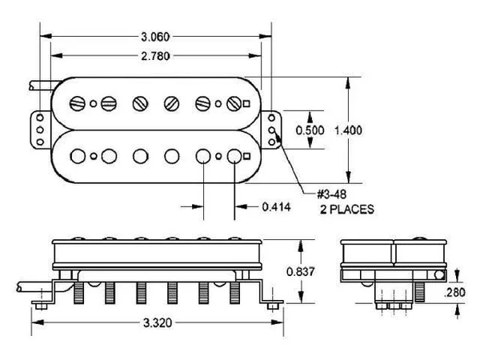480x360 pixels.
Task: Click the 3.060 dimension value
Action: click(155, 37)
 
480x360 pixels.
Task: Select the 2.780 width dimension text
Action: click(155, 56)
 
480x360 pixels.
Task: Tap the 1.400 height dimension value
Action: click(348, 130)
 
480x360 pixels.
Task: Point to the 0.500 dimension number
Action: click(310, 130)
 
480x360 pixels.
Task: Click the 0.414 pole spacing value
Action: click(277, 207)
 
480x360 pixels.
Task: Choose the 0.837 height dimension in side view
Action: click(300, 271)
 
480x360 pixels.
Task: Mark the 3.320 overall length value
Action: click(158, 322)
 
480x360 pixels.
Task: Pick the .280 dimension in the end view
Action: click(454, 292)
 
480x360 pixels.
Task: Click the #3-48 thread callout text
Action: click(332, 194)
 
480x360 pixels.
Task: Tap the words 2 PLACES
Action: click(347, 210)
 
